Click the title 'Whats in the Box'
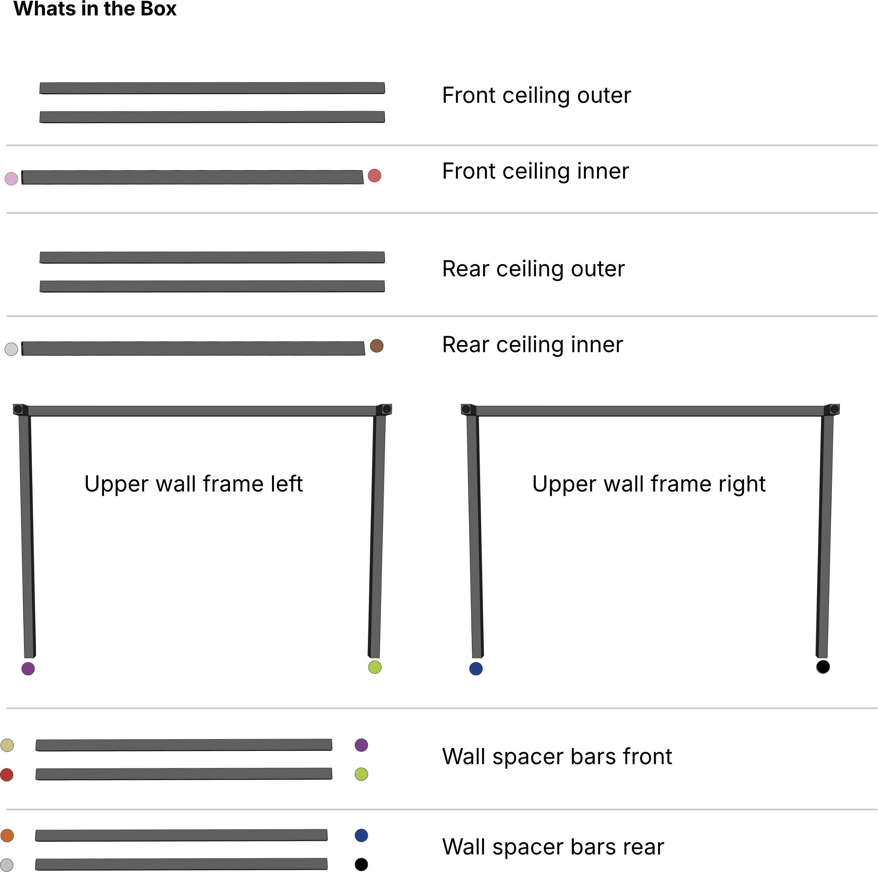(95, 9)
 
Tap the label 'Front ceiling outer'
(536, 96)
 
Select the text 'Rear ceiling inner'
(532, 344)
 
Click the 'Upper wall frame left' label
(193, 484)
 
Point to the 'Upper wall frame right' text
(648, 484)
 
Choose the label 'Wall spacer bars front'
(557, 756)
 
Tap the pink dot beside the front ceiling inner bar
(11, 179)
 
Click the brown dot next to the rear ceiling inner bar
(376, 346)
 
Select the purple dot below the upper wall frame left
(28, 669)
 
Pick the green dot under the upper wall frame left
(374, 667)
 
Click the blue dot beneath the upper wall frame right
(476, 669)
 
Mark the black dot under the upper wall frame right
(823, 667)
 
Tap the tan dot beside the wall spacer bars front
(7, 745)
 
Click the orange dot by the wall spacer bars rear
(7, 835)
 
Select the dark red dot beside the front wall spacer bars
(7, 775)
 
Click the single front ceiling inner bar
(192, 177)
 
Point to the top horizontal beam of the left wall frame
(202, 411)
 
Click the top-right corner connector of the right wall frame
(833, 409)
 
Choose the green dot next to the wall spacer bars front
(361, 774)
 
